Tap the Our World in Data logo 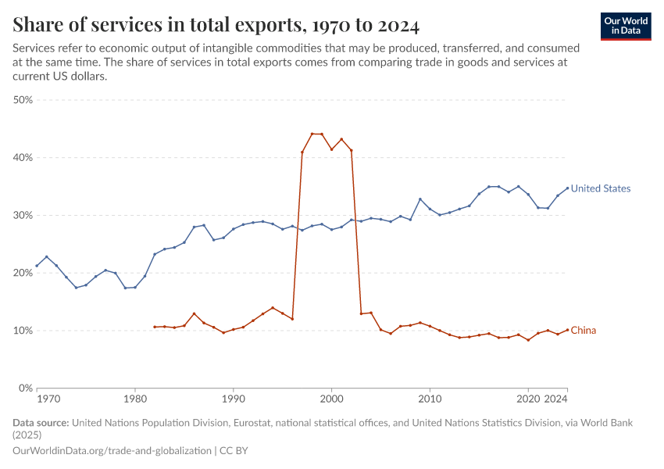click(626, 26)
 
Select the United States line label click(600, 188)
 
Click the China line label click(583, 331)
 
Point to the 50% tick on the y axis click(23, 100)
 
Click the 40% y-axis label click(23, 158)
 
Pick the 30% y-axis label click(23, 216)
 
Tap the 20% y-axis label click(23, 273)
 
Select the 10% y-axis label click(23, 331)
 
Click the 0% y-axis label click(25, 388)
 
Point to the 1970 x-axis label click(48, 399)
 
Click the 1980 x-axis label click(135, 399)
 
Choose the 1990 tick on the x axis click(234, 399)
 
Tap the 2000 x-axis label click(332, 399)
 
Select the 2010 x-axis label click(430, 399)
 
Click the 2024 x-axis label click(555, 399)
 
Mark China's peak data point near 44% click(312, 134)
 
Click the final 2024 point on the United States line click(567, 188)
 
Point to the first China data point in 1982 click(155, 327)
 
